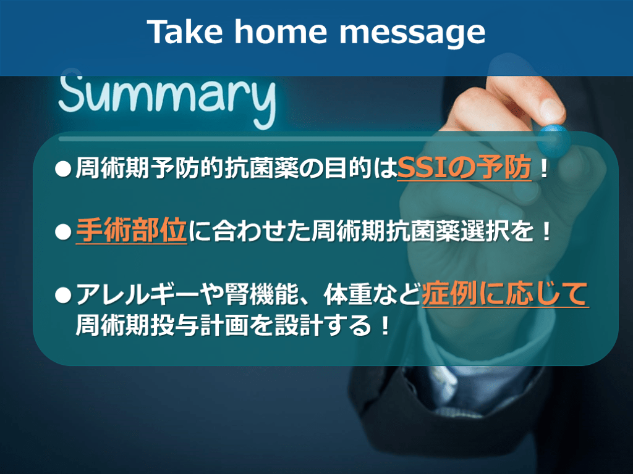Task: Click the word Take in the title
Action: (x=184, y=31)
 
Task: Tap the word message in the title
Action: (x=412, y=34)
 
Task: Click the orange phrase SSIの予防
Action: (x=464, y=168)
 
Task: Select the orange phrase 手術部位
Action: (x=131, y=231)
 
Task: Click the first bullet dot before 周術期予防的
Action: (x=63, y=169)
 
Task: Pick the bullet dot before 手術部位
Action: (x=63, y=232)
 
